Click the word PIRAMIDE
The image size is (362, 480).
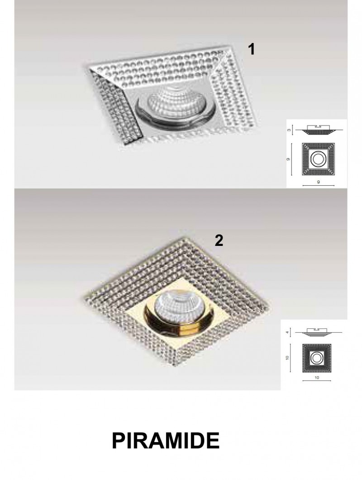pos(166,441)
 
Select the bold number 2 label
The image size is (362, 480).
pos(219,240)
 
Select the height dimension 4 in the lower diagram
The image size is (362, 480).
pos(287,332)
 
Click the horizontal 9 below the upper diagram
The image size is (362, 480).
pos(319,182)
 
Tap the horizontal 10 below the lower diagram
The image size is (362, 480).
pos(317,378)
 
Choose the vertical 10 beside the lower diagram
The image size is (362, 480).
pos(287,358)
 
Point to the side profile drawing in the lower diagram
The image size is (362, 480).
pos(316,332)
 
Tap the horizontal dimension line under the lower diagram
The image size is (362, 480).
pos(317,381)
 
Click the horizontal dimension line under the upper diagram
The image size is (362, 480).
pos(318,186)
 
